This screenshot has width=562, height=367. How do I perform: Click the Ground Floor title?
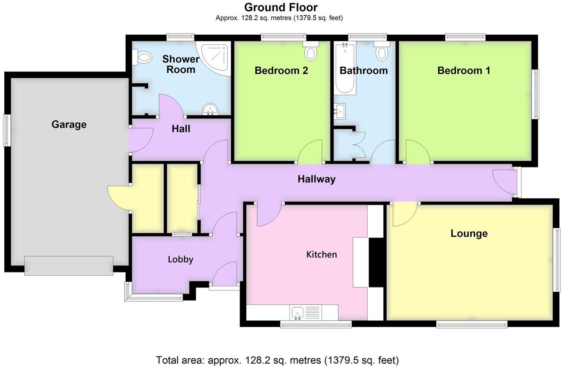pyautogui.click(x=281, y=7)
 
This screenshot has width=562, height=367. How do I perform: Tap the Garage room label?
pyautogui.click(x=69, y=124)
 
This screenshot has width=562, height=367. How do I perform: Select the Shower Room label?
pyautogui.click(x=180, y=64)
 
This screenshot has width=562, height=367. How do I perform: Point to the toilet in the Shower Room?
pyautogui.click(x=142, y=57)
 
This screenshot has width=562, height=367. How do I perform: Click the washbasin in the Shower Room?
pyautogui.click(x=210, y=110)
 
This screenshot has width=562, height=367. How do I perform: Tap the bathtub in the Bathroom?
pyautogui.click(x=345, y=69)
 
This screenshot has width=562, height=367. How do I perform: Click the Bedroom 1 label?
pyautogui.click(x=464, y=70)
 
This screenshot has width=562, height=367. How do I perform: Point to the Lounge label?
pyautogui.click(x=469, y=233)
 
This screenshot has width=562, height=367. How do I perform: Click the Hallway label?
pyautogui.click(x=316, y=179)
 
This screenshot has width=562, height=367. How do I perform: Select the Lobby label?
pyautogui.click(x=180, y=259)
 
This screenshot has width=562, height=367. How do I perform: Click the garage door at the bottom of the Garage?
pyautogui.click(x=69, y=265)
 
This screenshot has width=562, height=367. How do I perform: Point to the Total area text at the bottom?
pyautogui.click(x=277, y=360)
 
